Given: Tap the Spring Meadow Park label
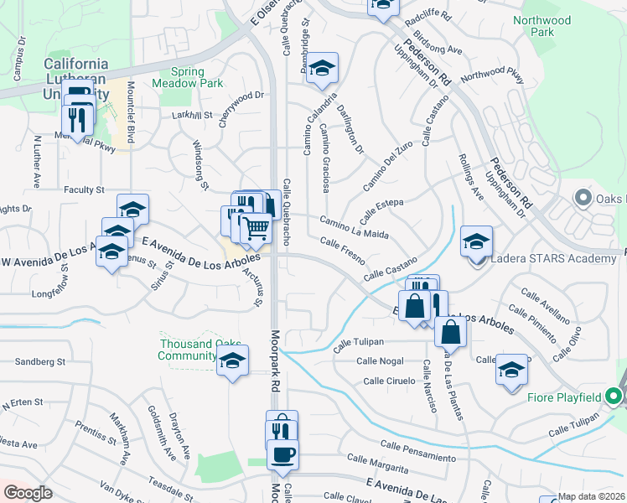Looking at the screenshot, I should [188, 77].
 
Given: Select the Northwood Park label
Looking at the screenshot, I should [542, 26].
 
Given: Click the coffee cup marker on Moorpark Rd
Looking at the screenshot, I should [282, 456].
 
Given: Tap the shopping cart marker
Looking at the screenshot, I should [256, 228].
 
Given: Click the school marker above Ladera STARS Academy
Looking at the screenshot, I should [476, 241].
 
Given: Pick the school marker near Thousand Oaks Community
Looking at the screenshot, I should [233, 363].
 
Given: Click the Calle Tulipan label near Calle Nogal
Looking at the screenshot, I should [358, 342].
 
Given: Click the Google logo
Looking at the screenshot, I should [27, 493].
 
